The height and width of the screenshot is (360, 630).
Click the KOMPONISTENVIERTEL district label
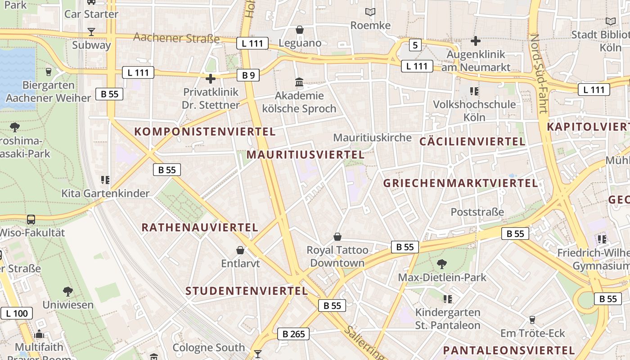click(205, 131)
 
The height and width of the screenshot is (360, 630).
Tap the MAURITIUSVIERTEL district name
click(306, 155)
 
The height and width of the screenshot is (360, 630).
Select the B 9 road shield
click(248, 75)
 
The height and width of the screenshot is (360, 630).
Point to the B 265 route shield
click(293, 333)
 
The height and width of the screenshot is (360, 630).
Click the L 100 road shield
click(17, 313)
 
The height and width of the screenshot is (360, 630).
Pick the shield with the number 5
click(415, 45)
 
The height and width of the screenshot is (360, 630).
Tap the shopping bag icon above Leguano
click(300, 30)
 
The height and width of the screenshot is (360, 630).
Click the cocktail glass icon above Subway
click(91, 31)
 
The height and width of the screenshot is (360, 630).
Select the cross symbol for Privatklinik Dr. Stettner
click(210, 79)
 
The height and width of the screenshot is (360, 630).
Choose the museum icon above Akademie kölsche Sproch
click(299, 82)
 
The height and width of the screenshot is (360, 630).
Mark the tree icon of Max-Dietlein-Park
click(442, 264)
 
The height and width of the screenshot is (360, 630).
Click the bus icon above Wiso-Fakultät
click(31, 220)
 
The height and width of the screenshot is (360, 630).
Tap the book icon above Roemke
click(370, 12)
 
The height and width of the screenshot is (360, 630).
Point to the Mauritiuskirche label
click(372, 137)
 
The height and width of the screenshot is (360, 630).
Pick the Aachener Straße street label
click(176, 38)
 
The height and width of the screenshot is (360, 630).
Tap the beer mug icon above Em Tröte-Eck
click(532, 319)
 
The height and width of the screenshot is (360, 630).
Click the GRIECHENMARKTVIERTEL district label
click(460, 183)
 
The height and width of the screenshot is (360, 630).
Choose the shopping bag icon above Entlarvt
click(240, 250)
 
